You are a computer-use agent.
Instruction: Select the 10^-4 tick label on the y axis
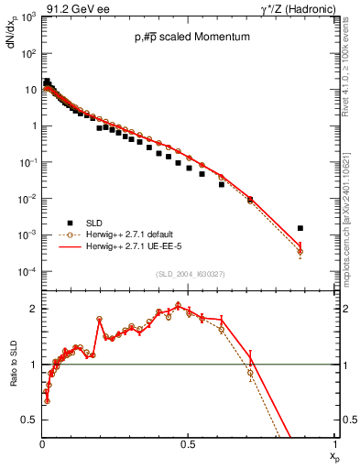click(27, 272)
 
